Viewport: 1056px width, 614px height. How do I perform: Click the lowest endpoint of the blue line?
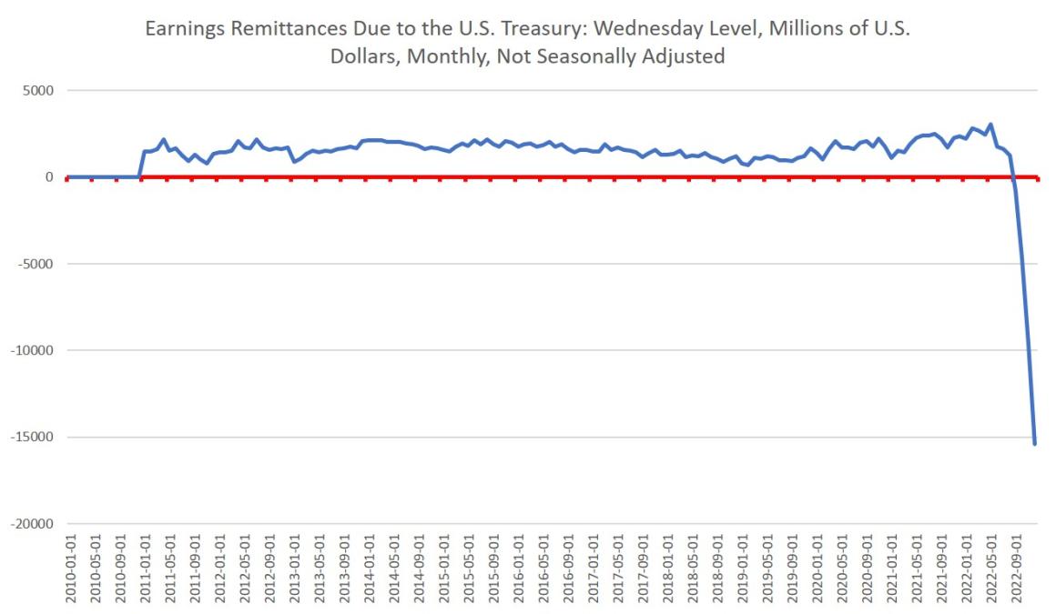click(x=1034, y=444)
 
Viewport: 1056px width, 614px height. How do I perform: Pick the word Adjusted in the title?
click(x=685, y=55)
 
